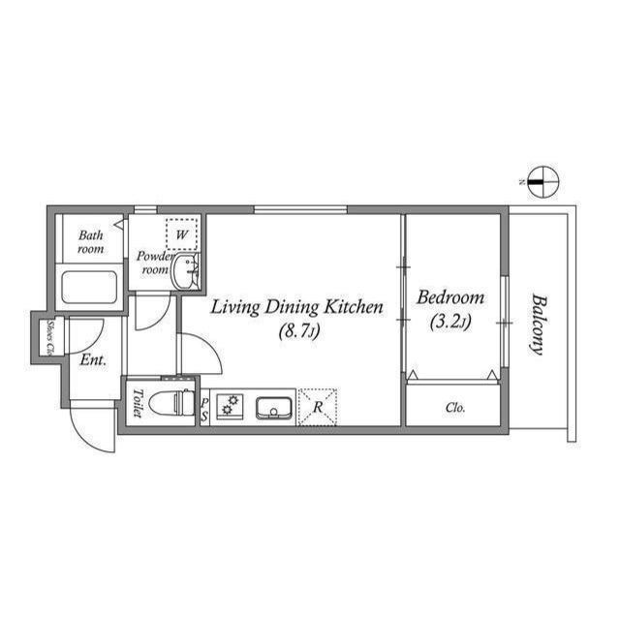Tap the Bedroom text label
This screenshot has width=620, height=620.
(449, 298)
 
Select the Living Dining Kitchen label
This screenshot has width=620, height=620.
(297, 307)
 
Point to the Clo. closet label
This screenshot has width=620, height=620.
(455, 408)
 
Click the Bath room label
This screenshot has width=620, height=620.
(91, 241)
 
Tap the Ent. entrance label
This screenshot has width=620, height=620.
(93, 360)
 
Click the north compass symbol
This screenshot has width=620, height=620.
(544, 180)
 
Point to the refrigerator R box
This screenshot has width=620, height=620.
(318, 406)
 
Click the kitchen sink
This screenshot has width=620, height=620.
(275, 406)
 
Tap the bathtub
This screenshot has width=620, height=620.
(89, 288)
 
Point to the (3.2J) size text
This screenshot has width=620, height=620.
(449, 322)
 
